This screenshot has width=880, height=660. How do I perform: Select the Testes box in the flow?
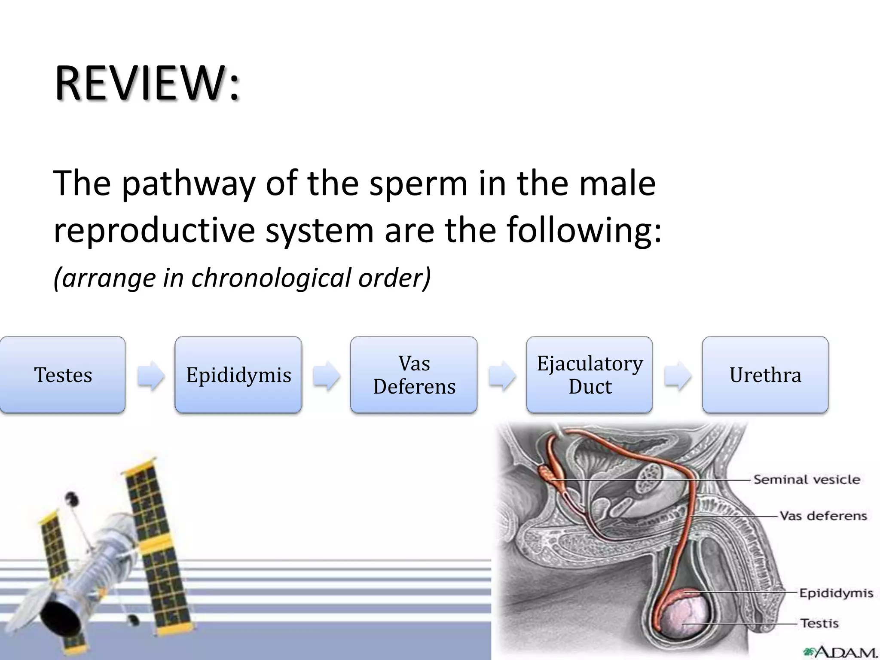(63, 375)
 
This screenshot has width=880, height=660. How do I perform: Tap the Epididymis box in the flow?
(238, 375)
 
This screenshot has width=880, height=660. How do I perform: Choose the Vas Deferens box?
(414, 375)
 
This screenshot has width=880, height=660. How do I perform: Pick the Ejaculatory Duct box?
(590, 375)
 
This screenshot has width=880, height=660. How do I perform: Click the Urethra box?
(765, 375)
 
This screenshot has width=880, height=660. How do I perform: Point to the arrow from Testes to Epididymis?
(151, 376)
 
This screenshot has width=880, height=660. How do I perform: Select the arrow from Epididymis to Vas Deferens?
(327, 376)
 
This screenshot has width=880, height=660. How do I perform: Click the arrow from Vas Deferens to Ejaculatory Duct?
(502, 376)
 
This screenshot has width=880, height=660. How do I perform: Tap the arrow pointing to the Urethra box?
(678, 376)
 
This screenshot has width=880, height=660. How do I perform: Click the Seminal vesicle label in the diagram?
(807, 480)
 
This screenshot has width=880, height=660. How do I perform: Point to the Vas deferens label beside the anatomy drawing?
(823, 516)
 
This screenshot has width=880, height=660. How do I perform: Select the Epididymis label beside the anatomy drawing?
(836, 593)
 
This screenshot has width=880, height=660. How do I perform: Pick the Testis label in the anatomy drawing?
(819, 623)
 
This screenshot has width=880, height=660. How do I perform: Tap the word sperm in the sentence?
(418, 184)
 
